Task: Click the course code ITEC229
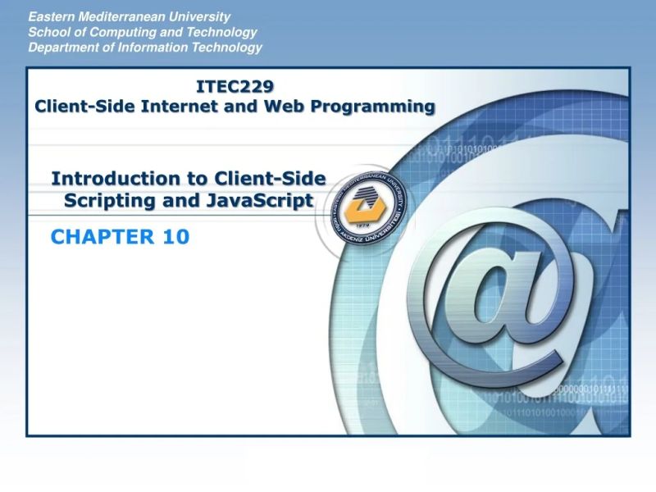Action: (x=235, y=86)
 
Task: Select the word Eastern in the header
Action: (x=50, y=16)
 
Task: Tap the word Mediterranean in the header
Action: (x=123, y=16)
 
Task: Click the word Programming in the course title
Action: (x=378, y=107)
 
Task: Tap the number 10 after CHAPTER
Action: (x=175, y=238)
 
